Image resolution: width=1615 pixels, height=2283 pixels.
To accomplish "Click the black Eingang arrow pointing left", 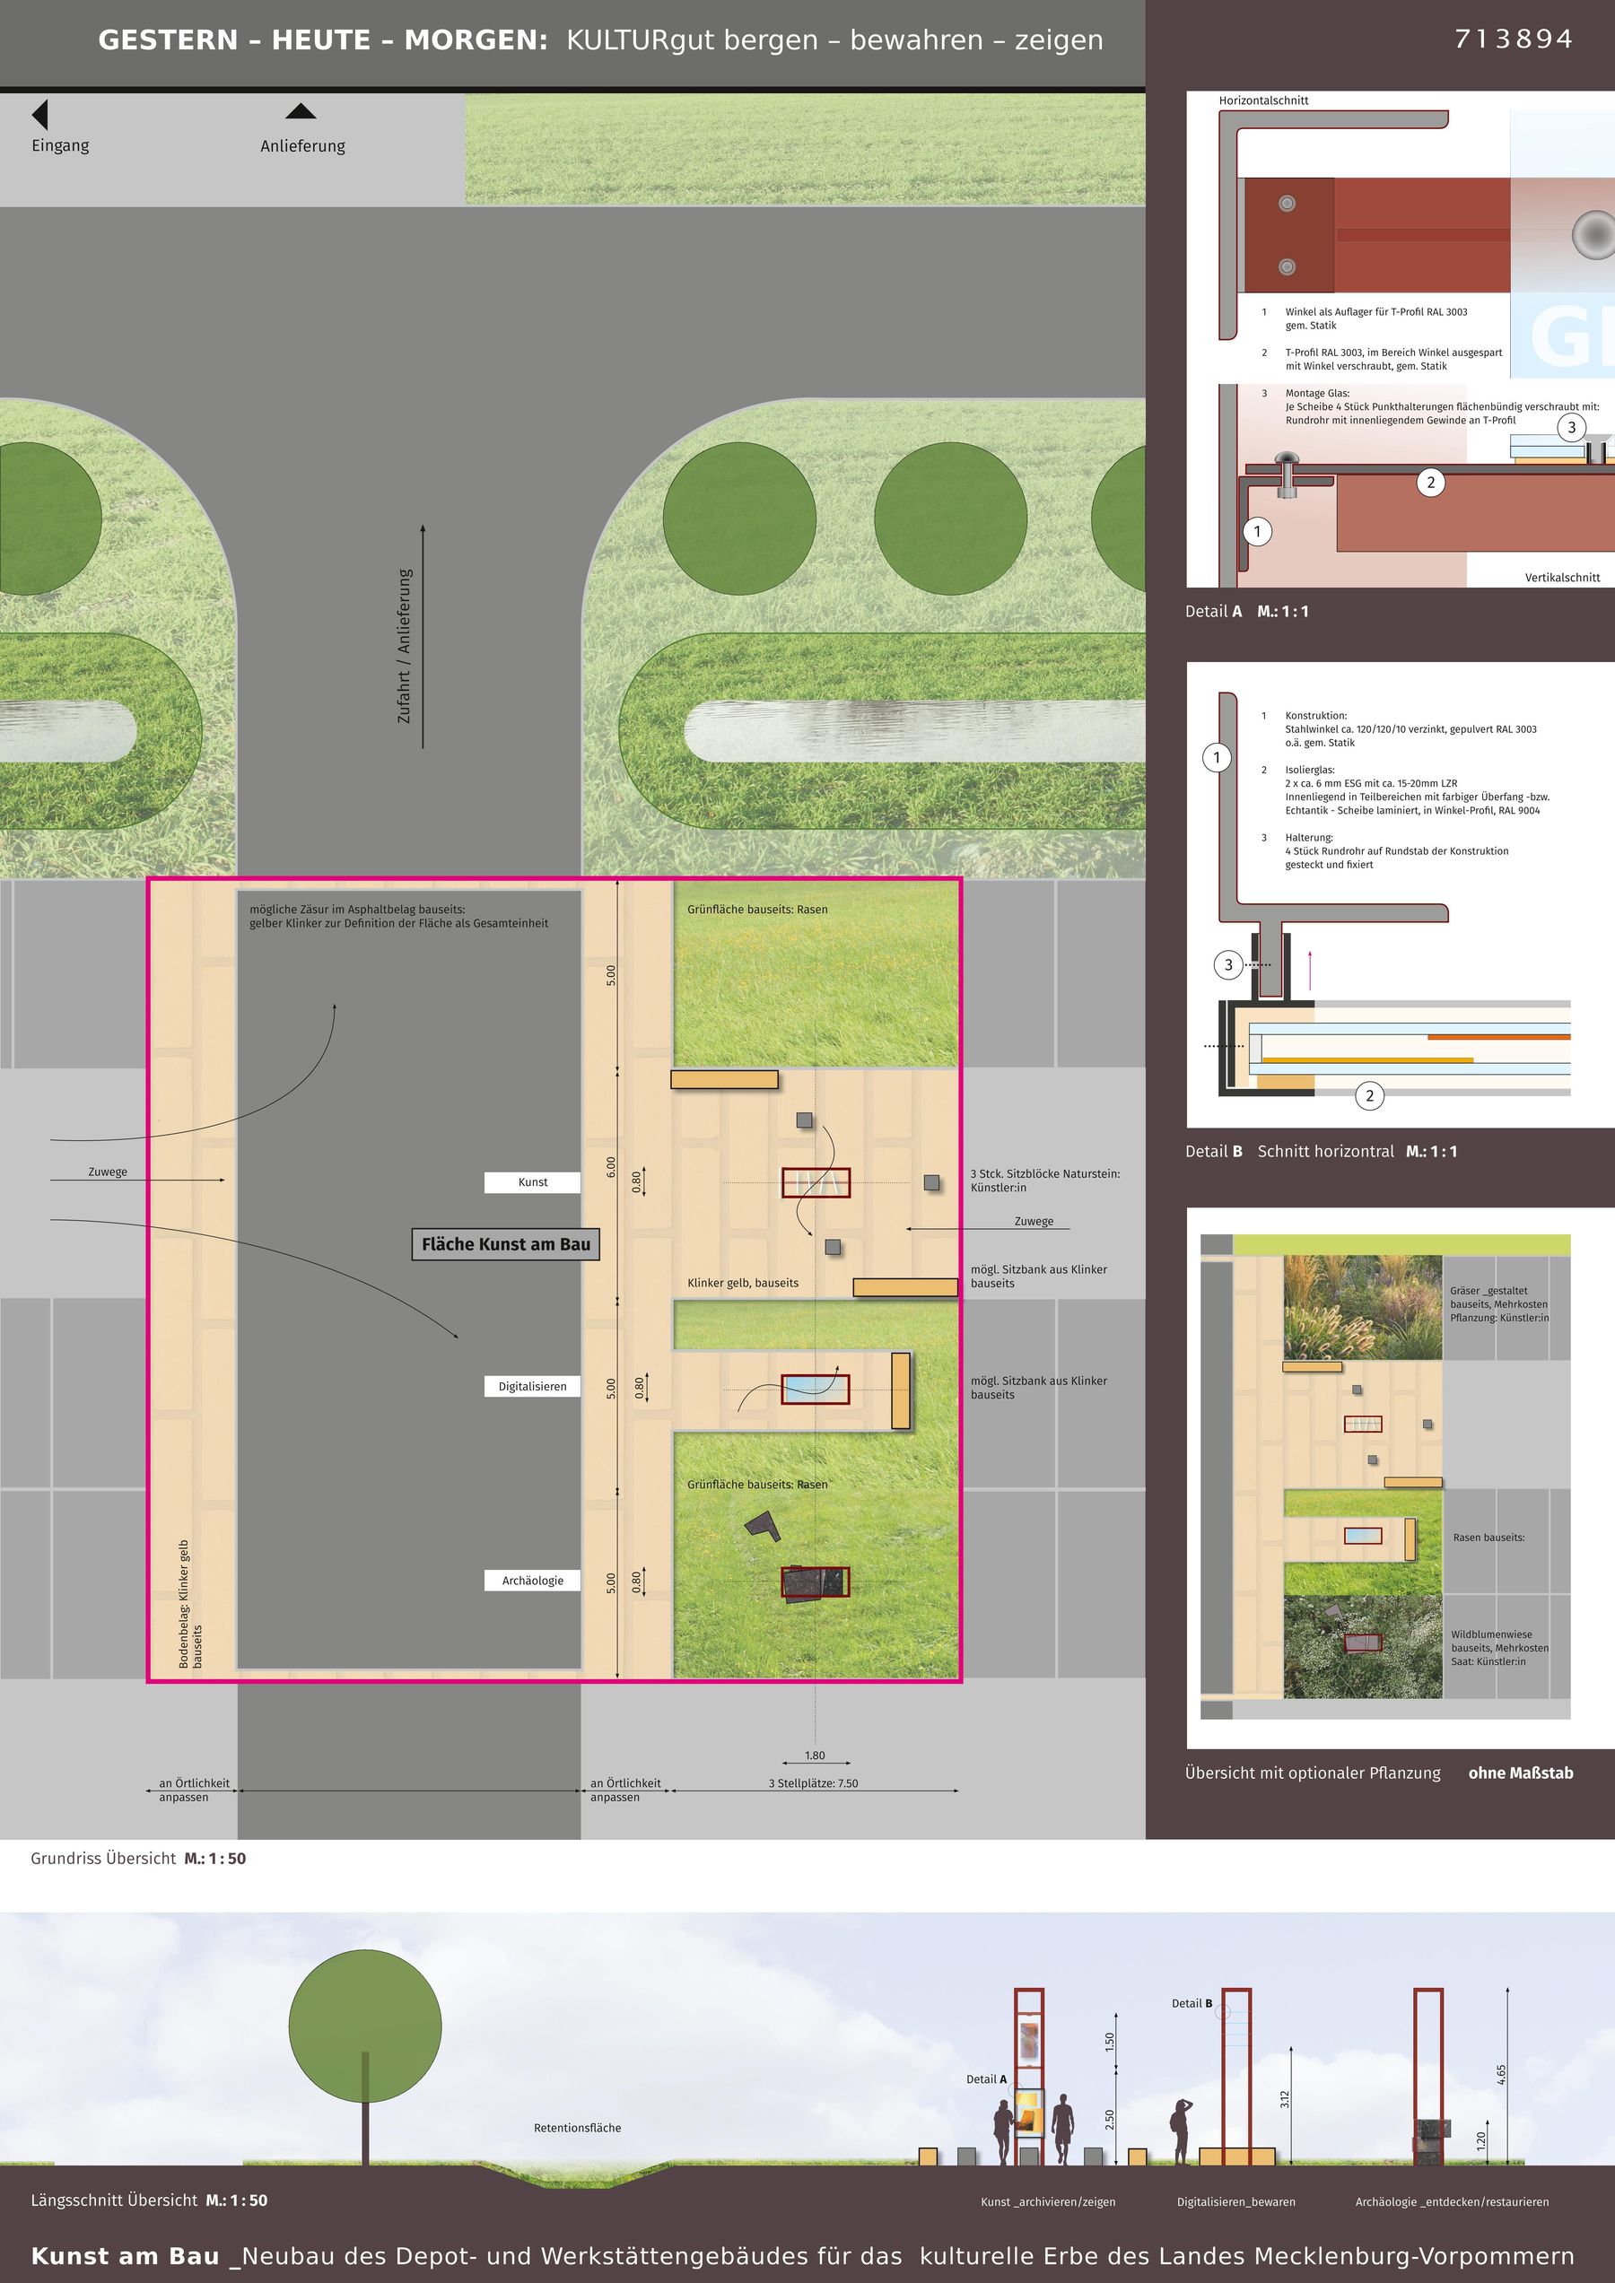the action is (39, 114).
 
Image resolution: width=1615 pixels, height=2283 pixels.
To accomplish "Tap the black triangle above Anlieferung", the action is (301, 110).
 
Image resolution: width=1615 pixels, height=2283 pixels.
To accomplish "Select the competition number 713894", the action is (1514, 39).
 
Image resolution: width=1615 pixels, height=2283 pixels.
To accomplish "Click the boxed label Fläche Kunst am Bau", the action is (505, 1244).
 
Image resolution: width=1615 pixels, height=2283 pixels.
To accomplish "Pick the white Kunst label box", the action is (532, 1182).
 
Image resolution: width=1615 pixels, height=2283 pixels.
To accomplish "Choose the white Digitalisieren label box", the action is (532, 1386).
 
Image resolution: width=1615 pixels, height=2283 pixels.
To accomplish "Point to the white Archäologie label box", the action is (532, 1580).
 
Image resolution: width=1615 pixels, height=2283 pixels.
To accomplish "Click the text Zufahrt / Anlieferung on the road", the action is (405, 645).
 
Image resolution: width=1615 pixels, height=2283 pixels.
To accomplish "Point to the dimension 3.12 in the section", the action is (1284, 2099).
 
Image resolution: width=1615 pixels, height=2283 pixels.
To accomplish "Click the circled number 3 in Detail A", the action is (1571, 429).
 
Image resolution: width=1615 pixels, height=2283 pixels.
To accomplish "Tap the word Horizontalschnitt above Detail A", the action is (1263, 100).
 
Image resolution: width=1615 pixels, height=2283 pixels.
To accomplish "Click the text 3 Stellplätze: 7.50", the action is (813, 1782).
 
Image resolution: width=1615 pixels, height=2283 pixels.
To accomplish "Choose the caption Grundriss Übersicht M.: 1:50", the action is (138, 1859).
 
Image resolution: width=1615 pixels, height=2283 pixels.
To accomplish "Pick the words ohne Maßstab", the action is (1521, 1773).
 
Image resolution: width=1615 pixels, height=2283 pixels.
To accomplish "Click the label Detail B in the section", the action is (1192, 2002).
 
